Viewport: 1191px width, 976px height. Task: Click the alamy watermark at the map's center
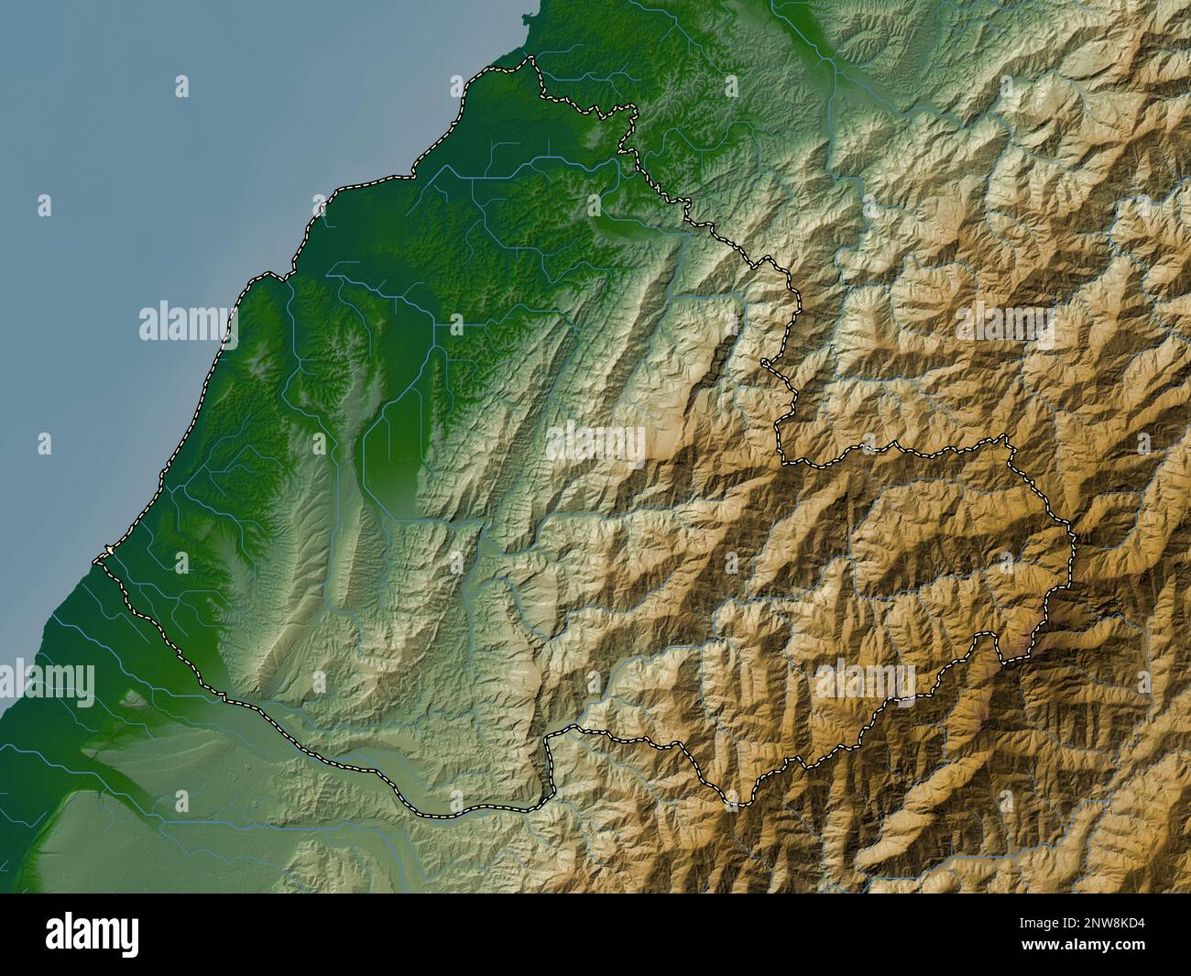coord(595,444)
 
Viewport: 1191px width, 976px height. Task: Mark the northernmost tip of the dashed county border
coord(529,60)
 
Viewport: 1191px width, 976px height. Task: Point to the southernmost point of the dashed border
coord(733,805)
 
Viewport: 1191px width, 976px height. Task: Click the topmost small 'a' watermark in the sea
coord(181,87)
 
